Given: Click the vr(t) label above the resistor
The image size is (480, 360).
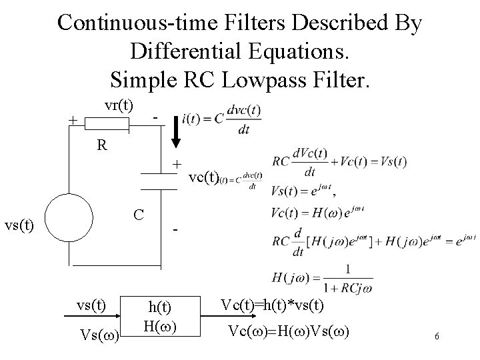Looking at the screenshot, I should (x=119, y=106).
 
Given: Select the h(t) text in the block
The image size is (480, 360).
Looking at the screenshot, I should (x=159, y=307).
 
